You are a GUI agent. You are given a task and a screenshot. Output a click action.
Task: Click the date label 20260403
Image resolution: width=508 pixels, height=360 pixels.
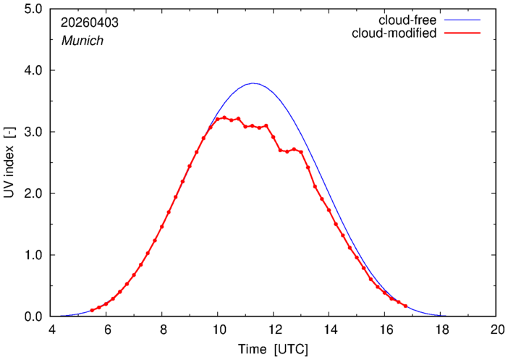(90, 22)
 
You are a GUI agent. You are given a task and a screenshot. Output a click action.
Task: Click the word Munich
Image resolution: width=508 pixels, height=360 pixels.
(82, 41)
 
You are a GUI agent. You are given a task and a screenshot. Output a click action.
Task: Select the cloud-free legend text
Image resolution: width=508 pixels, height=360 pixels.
(407, 20)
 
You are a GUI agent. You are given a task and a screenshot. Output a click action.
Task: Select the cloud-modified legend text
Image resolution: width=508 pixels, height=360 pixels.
(394, 33)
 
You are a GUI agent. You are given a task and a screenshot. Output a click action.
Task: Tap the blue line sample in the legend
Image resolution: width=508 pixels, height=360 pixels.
(462, 20)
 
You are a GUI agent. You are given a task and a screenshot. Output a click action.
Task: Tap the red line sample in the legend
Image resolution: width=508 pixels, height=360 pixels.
(462, 33)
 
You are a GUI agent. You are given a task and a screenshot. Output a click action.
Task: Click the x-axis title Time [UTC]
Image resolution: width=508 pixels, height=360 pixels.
(273, 349)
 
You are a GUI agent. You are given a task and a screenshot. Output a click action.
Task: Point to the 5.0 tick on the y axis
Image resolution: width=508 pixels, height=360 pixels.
(33, 9)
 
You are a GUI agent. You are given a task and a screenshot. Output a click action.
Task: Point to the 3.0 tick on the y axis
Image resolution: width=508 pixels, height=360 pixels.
(33, 132)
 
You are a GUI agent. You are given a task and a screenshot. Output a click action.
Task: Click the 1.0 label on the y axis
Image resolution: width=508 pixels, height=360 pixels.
(33, 255)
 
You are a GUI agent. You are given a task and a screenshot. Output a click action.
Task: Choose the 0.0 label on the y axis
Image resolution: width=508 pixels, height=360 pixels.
(33, 317)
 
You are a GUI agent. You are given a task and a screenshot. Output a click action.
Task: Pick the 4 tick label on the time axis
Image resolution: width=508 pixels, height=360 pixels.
(51, 330)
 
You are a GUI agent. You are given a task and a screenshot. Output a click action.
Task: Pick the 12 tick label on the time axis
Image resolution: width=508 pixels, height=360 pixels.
(273, 330)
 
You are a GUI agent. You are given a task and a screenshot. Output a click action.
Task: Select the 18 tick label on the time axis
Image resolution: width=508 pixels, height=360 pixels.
(440, 330)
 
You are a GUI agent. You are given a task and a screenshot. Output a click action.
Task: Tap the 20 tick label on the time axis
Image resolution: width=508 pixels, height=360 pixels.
(496, 330)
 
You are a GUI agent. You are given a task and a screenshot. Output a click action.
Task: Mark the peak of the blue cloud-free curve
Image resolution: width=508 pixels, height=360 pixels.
(253, 83)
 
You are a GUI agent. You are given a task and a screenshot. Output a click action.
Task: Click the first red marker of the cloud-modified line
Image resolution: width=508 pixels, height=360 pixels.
(92, 310)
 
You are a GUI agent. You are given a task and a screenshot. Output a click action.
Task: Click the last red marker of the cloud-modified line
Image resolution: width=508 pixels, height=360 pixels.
(405, 306)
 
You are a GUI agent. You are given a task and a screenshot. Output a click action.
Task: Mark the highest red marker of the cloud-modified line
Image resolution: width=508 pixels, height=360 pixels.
(224, 118)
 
